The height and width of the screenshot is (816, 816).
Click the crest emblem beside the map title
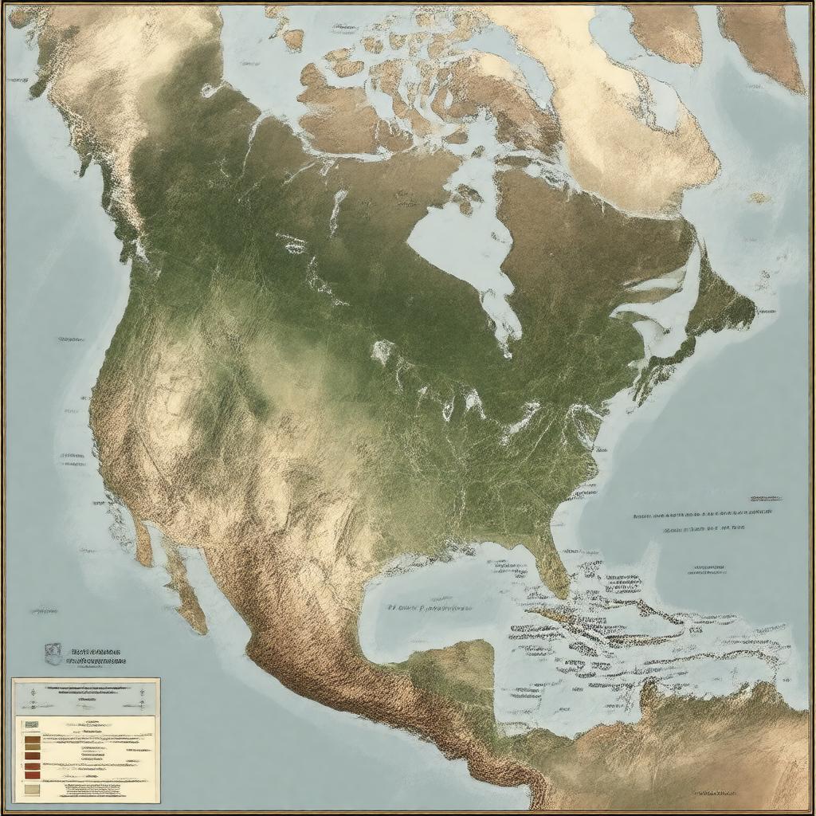53,653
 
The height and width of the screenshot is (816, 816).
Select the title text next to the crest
96,655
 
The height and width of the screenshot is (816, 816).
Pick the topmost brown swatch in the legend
32,740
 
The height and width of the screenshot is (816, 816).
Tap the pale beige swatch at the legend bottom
32,788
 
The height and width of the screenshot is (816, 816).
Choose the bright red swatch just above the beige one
32,772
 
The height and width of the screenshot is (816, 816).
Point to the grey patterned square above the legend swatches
31,724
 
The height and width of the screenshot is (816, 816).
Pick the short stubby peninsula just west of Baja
143,542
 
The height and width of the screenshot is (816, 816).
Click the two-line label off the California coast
72,460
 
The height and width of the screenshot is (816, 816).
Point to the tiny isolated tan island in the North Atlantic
758,197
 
